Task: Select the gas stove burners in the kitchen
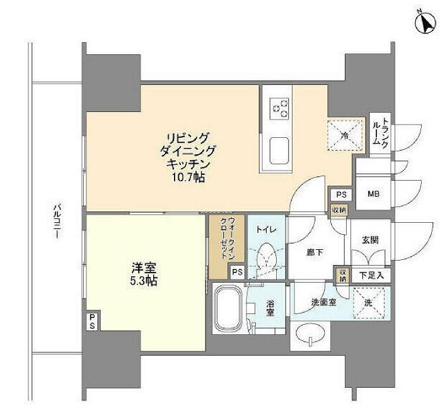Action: tap(279, 109)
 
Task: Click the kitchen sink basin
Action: tap(279, 150)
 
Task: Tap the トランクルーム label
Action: tap(381, 133)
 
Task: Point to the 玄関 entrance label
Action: tap(370, 240)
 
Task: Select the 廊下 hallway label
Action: tap(315, 252)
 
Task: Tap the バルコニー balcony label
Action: tap(55, 220)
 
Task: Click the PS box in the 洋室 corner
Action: tap(92, 321)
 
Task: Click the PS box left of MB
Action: tap(341, 195)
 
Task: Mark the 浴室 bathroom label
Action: tap(269, 308)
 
